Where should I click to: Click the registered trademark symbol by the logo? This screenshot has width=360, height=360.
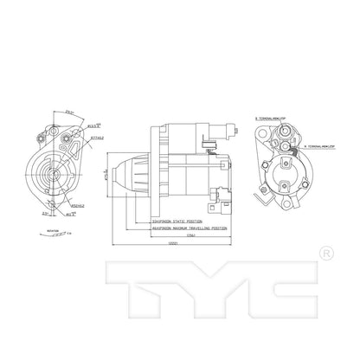point(323,254)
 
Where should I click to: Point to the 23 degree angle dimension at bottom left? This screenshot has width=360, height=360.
point(44,210)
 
